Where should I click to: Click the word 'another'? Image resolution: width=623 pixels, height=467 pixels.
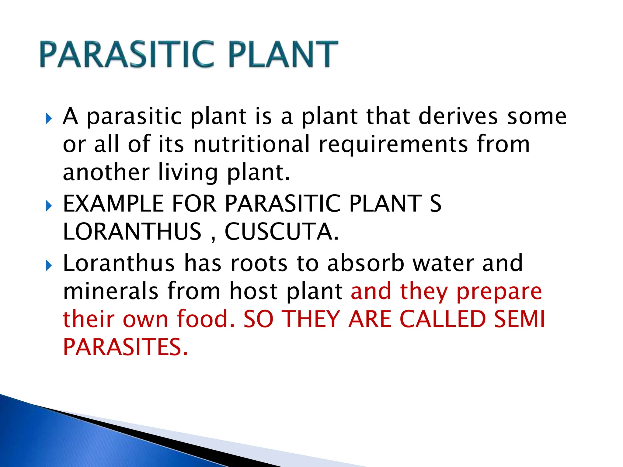coord(106,172)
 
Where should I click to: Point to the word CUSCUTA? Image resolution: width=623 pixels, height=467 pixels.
coord(281,232)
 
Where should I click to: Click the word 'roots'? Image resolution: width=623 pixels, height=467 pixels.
coord(259,263)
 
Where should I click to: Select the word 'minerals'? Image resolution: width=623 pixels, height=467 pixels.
coord(111,291)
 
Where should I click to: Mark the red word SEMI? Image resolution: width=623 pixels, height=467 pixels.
coord(519,319)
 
